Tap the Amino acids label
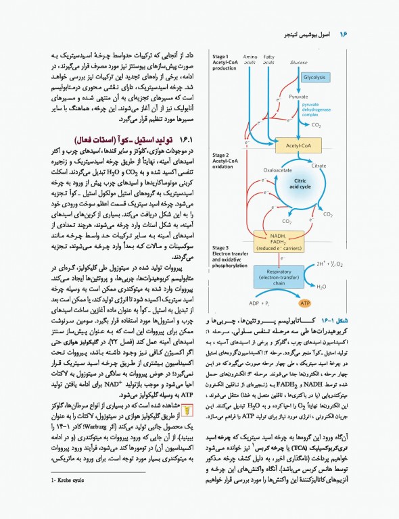(x=250, y=59)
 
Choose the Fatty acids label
(x=269, y=59)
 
